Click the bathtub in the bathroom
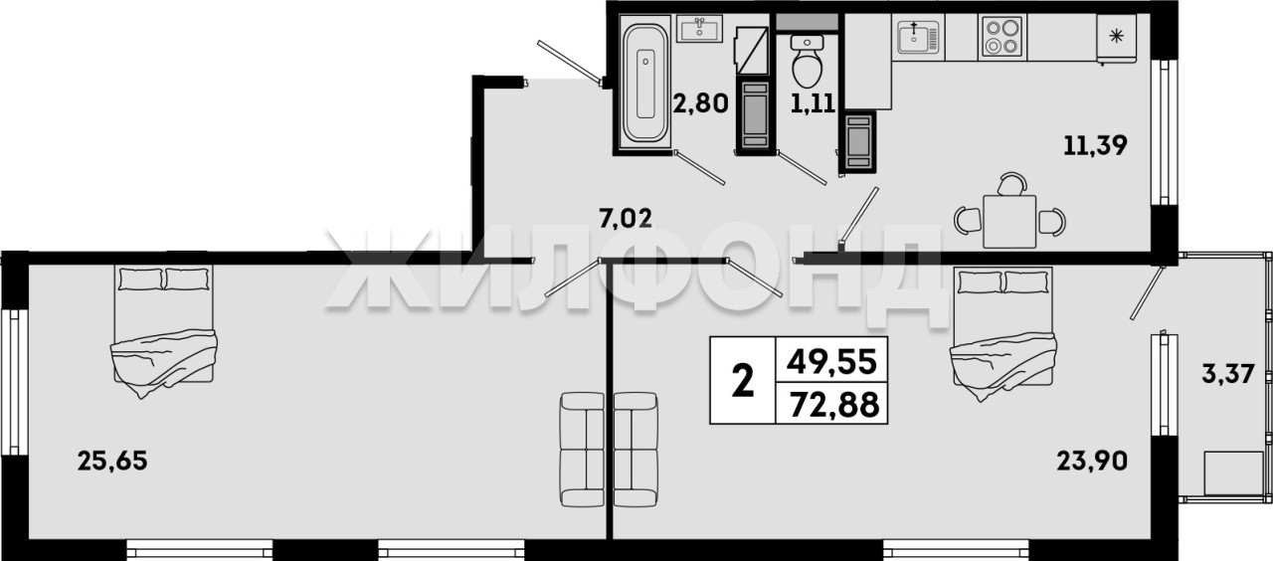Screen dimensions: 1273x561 (x=645, y=84)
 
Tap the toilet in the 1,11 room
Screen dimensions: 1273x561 (x=807, y=62)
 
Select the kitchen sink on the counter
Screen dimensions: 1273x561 (x=918, y=37)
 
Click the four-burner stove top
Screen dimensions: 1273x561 (x=1001, y=37)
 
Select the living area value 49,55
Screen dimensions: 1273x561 (x=830, y=362)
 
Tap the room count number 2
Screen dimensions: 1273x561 (x=743, y=382)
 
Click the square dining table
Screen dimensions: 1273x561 (x=1009, y=222)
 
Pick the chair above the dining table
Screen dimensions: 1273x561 (x=1012, y=184)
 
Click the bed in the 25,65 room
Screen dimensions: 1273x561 (x=164, y=329)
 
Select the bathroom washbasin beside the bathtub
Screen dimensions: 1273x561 (x=699, y=29)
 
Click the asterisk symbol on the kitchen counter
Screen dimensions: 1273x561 (x=1117, y=37)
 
